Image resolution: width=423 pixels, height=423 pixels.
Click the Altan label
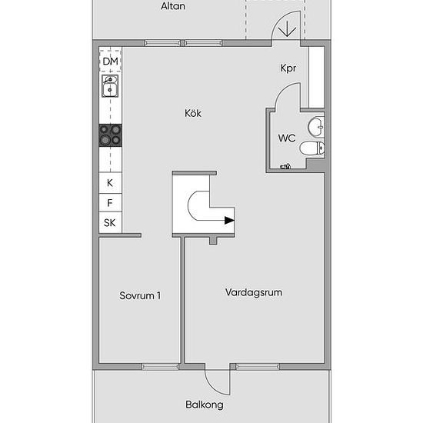tap(173, 6)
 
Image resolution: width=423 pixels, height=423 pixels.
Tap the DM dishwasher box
tap(110, 61)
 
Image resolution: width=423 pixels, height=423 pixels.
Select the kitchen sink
tap(110, 86)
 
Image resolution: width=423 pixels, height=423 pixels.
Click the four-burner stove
tap(110, 135)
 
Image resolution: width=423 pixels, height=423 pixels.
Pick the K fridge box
tap(110, 183)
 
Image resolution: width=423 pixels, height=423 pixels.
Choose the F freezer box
tap(110, 202)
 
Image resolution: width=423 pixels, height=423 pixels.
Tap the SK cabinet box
tap(110, 222)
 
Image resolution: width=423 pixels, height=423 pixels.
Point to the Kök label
tap(193, 113)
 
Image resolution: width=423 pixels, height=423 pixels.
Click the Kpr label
tap(288, 68)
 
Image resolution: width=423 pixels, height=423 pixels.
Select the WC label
tap(287, 138)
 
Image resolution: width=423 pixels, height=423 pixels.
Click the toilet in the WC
tap(312, 148)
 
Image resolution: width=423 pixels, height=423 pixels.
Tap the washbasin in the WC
tap(316, 126)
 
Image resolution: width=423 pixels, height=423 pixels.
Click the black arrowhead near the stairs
tap(230, 221)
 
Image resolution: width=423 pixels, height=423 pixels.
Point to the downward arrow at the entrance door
tap(287, 28)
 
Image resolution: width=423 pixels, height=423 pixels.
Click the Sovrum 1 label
tap(140, 295)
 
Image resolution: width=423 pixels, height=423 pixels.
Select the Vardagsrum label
tap(254, 292)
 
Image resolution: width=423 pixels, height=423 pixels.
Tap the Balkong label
tap(205, 405)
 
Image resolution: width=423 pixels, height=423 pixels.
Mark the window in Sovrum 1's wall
tap(160, 366)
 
